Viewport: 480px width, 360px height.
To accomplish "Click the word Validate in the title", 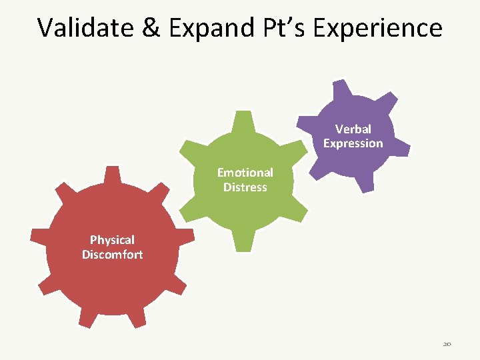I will point(81,28).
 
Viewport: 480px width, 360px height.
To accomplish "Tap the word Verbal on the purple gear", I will point(353,129).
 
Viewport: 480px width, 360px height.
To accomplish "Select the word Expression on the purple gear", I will point(353,143).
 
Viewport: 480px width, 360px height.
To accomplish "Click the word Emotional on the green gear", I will point(245,172).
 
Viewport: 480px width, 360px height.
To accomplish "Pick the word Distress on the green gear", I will point(245,187).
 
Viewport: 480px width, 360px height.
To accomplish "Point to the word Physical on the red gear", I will point(112,240).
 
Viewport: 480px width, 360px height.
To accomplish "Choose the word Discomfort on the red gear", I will point(112,255).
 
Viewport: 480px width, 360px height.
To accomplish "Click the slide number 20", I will point(447,344).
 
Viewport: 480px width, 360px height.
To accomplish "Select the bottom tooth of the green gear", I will point(244,241).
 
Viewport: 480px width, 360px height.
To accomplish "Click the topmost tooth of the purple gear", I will point(342,87).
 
